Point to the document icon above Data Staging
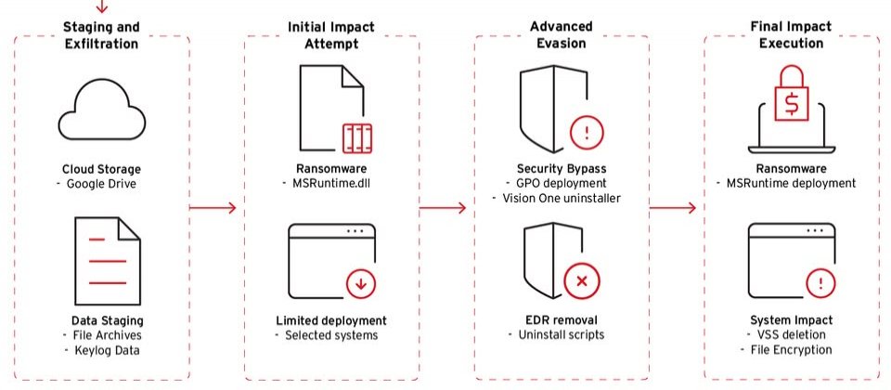[108, 260]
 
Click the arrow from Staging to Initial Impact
[213, 208]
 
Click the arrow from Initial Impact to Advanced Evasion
[443, 209]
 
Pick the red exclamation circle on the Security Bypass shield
[587, 133]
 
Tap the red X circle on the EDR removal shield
[581, 280]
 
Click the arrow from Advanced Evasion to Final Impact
[673, 208]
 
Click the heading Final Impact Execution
[791, 34]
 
